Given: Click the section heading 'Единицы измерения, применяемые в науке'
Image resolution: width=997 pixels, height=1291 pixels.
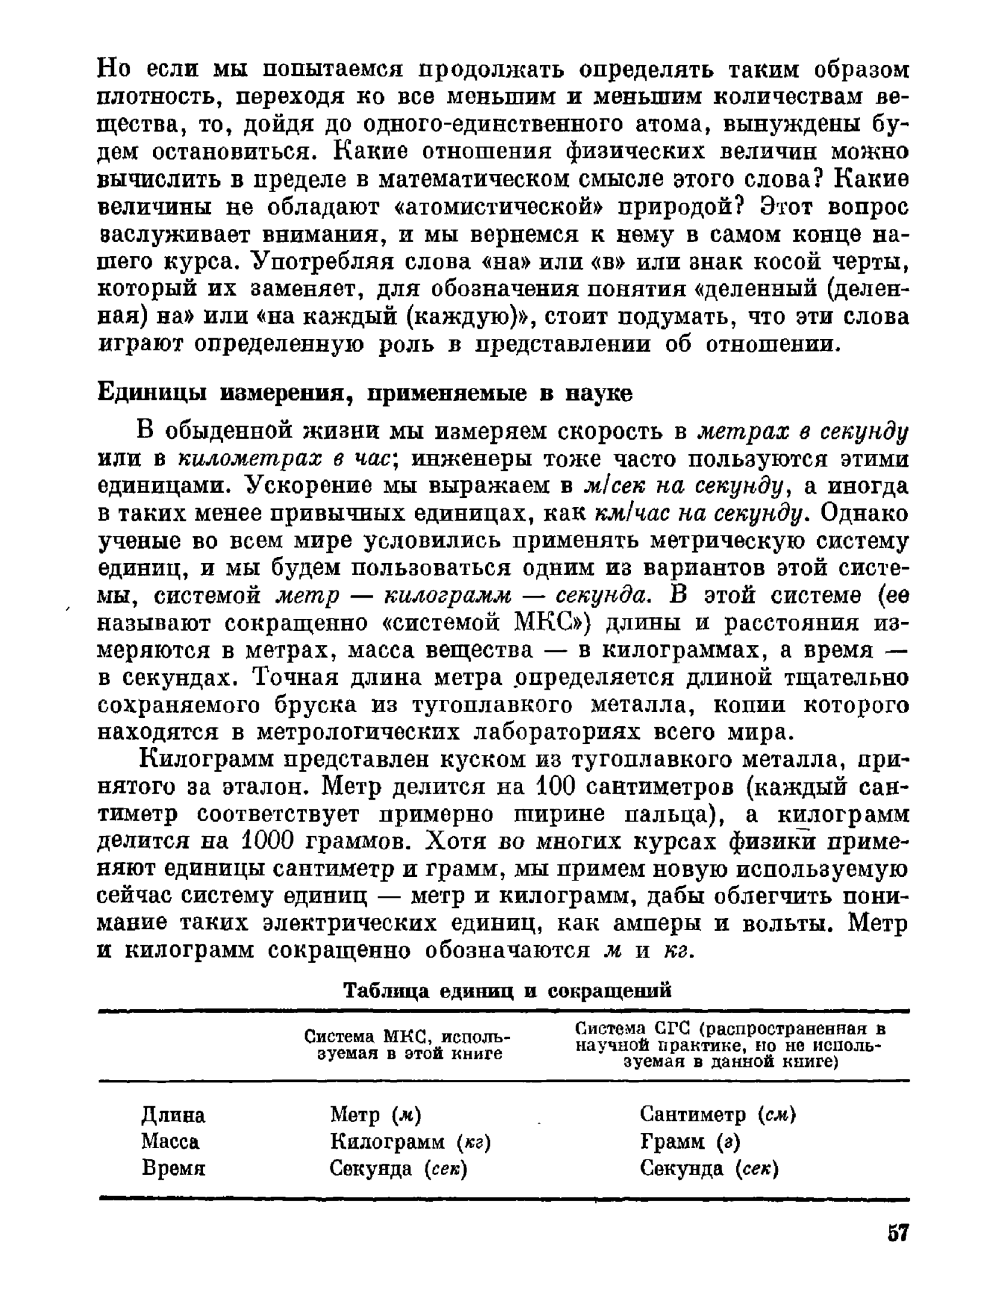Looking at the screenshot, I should coord(364,393).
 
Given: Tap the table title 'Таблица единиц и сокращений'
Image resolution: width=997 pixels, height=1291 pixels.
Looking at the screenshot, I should coord(507,990).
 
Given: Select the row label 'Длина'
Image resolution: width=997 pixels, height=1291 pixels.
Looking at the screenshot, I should coord(173,1115).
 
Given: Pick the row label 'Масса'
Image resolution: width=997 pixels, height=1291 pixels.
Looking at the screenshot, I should coord(170,1142).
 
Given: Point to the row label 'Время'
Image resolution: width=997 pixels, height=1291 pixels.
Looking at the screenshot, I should coord(173,1168).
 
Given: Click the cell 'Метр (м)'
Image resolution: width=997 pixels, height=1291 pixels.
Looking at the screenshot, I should coord(376,1115).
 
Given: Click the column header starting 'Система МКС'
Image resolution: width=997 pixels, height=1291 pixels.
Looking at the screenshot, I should coord(409,1044).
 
